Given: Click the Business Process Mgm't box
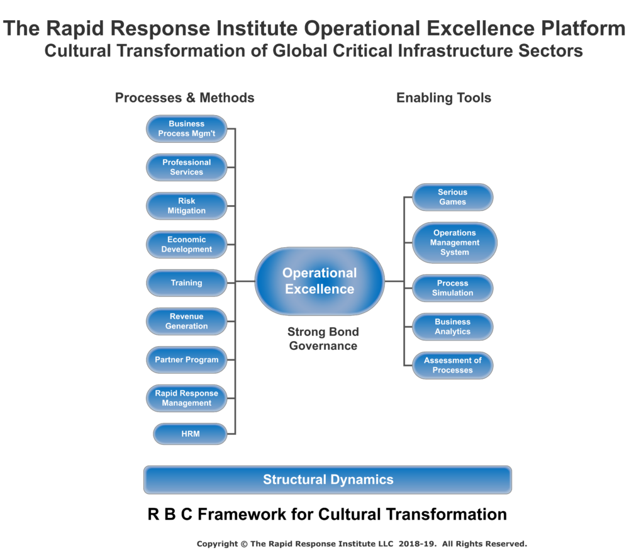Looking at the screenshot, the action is pyautogui.click(x=187, y=129).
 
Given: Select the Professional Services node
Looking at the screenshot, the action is pyautogui.click(x=187, y=167).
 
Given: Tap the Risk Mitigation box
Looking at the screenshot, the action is pyautogui.click(x=187, y=206).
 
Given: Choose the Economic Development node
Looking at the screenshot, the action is pyautogui.click(x=187, y=244).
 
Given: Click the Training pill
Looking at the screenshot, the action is pyautogui.click(x=187, y=283).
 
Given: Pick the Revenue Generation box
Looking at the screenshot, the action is pyautogui.click(x=187, y=322).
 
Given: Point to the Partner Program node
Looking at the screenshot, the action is pyautogui.click(x=187, y=360).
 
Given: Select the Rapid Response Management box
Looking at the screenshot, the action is pyautogui.click(x=187, y=398).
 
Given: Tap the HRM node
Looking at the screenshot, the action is pyautogui.click(x=190, y=434).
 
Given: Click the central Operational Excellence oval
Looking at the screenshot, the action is pyautogui.click(x=320, y=281).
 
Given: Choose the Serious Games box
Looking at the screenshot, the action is pyautogui.click(x=452, y=197).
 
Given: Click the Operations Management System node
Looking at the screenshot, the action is pyautogui.click(x=455, y=243).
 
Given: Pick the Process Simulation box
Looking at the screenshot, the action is pyautogui.click(x=452, y=288).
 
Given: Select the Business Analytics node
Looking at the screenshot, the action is pyautogui.click(x=452, y=327).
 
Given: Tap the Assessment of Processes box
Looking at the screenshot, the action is pyautogui.click(x=452, y=365).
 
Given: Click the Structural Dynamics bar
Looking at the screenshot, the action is pyautogui.click(x=328, y=479).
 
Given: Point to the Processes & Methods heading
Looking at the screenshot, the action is pyautogui.click(x=184, y=98).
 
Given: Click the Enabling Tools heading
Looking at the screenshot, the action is pyautogui.click(x=443, y=98).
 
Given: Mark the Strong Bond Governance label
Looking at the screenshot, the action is pyautogui.click(x=323, y=339).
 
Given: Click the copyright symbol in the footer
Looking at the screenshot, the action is pyautogui.click(x=244, y=544).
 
